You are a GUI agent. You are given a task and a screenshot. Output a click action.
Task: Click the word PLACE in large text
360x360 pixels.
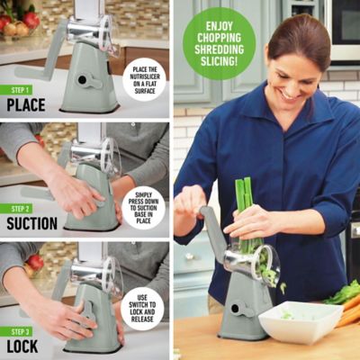(26, 105)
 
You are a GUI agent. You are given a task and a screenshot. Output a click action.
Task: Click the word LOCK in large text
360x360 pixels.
(23, 345)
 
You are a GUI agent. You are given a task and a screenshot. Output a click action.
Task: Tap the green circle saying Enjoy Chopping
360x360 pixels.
(219, 43)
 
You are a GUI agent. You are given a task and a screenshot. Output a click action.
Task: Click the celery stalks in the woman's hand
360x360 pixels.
(243, 202)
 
